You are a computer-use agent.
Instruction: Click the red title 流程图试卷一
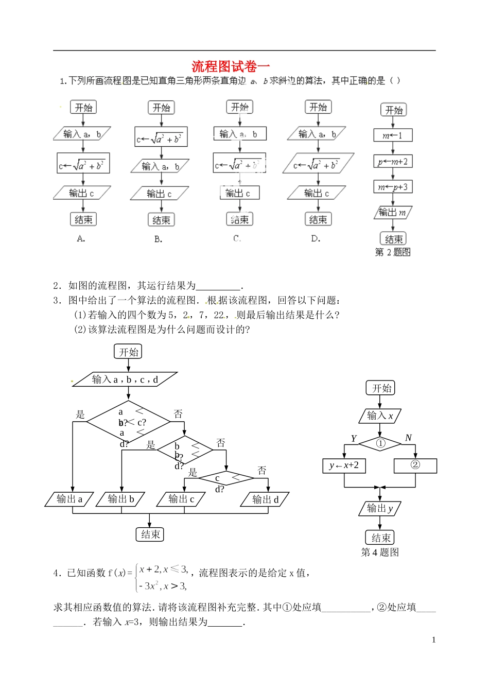(231, 66)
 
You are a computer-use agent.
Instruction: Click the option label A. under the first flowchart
(81, 238)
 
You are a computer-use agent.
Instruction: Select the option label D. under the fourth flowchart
(316, 238)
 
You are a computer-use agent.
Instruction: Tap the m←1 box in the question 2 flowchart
(393, 135)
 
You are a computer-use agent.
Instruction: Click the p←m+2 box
(393, 162)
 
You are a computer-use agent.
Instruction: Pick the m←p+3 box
(393, 187)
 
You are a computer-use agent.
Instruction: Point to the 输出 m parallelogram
(393, 212)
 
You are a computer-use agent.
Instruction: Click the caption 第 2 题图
(393, 252)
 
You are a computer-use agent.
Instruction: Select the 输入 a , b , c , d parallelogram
(125, 379)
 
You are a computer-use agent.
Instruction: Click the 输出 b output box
(121, 499)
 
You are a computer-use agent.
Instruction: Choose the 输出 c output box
(182, 499)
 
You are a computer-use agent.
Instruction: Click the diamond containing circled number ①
(380, 443)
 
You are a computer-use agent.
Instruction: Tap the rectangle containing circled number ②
(415, 465)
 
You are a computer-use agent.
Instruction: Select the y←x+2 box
(344, 465)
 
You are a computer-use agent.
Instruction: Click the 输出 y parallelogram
(380, 509)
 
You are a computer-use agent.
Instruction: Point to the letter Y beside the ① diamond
(354, 439)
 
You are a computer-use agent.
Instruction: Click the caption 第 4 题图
(380, 552)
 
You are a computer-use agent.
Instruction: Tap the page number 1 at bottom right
(433, 640)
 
